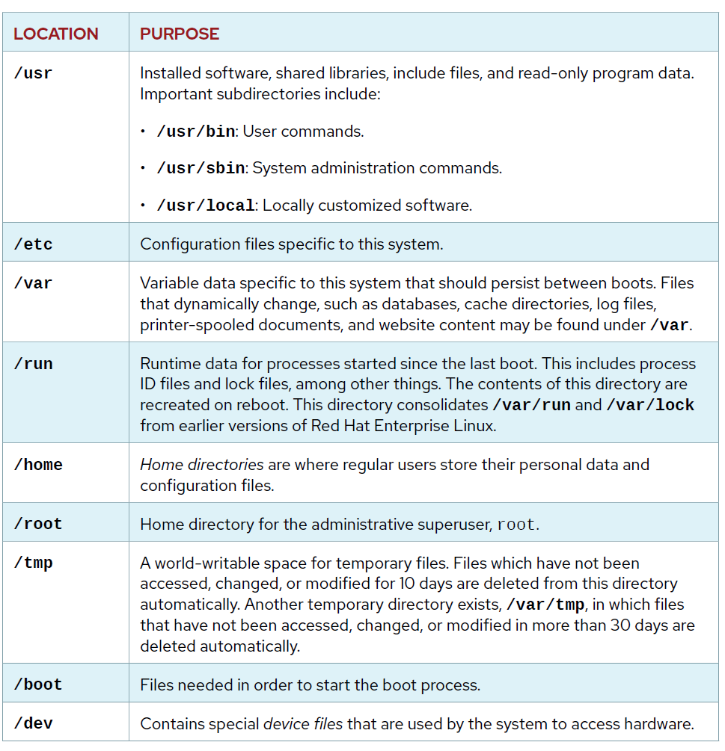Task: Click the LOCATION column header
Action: (x=56, y=34)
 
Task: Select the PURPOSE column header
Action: (x=180, y=34)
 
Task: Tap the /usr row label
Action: (x=34, y=73)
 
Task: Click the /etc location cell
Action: (x=34, y=244)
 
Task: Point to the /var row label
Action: (x=34, y=284)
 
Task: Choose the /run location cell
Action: (x=34, y=364)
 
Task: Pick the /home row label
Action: (x=38, y=465)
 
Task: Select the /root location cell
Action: (x=38, y=524)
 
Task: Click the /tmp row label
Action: (x=34, y=563)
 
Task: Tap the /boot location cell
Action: (x=38, y=684)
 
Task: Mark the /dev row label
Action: (x=34, y=723)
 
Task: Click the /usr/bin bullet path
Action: (x=196, y=132)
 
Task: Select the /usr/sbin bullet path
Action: (x=201, y=169)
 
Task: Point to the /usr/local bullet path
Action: (x=206, y=205)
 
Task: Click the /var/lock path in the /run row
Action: (x=650, y=405)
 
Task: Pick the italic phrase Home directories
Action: (x=202, y=465)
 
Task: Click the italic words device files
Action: (x=303, y=723)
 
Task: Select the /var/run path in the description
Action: (x=531, y=405)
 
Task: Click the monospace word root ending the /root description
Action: (x=516, y=525)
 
